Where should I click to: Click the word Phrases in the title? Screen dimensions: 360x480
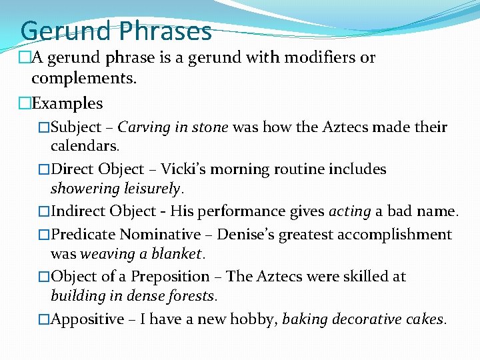tap(166, 31)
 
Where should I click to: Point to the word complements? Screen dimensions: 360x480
tap(83, 78)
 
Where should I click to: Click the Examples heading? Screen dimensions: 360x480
tap(67, 103)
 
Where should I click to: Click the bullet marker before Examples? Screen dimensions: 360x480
tap(25, 103)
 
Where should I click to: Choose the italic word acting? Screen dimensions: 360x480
tap(349, 212)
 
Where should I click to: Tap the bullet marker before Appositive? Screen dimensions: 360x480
tap(44, 319)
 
